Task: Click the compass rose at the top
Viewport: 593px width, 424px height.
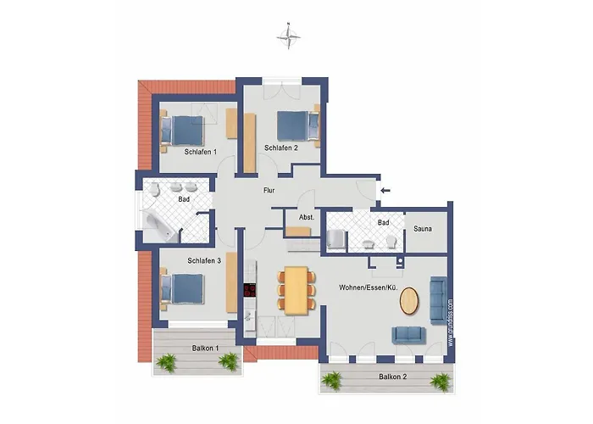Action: [290, 36]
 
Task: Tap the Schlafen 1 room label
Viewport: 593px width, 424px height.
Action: [201, 152]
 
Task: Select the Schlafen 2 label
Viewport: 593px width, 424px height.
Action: [280, 148]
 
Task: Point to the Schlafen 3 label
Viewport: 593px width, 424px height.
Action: [204, 261]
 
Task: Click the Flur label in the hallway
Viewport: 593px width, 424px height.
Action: [269, 191]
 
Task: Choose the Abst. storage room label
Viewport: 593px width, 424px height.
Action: [306, 217]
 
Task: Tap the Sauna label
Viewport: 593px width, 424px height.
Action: [424, 229]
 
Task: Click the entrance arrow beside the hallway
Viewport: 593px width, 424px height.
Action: [385, 191]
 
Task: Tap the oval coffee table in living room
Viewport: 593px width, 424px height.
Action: [409, 301]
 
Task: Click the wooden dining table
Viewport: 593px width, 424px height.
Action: [296, 290]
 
